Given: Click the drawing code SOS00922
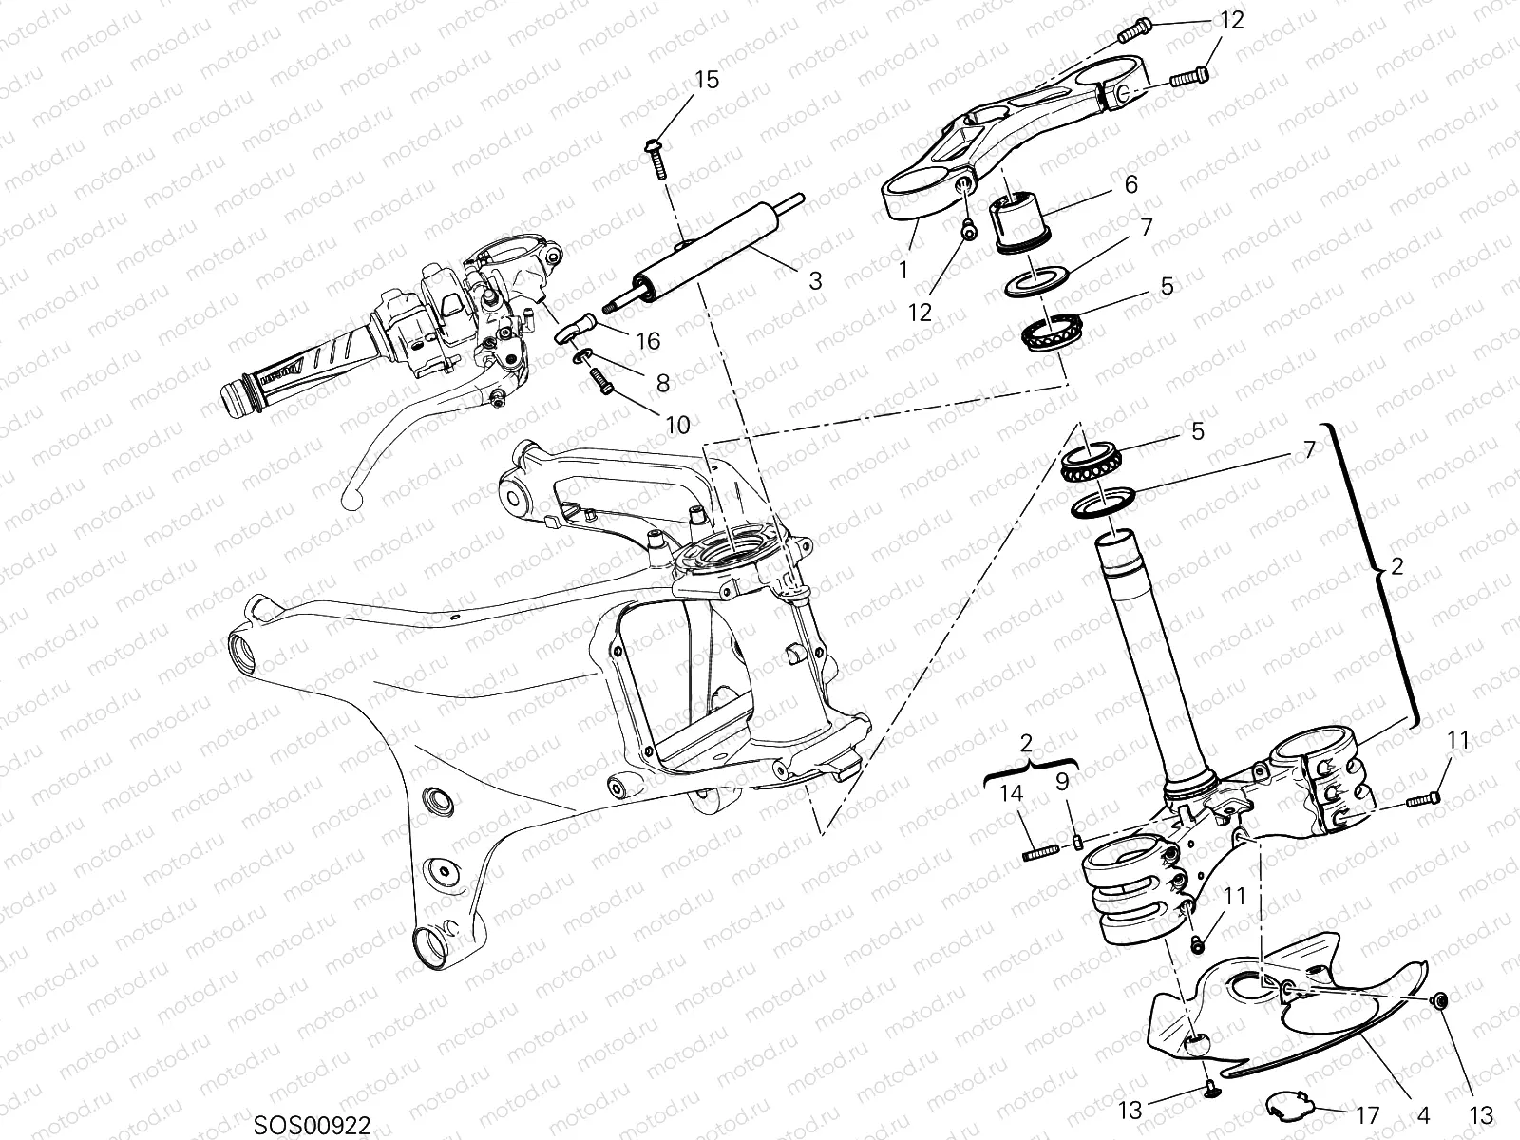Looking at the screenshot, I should [x=312, y=1124].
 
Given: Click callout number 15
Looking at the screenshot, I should [x=706, y=80].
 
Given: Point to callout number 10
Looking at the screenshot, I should [x=677, y=425].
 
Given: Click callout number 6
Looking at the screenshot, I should [x=1130, y=183].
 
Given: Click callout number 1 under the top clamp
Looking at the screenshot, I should [x=903, y=269].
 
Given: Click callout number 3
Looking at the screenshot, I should [x=815, y=280].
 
